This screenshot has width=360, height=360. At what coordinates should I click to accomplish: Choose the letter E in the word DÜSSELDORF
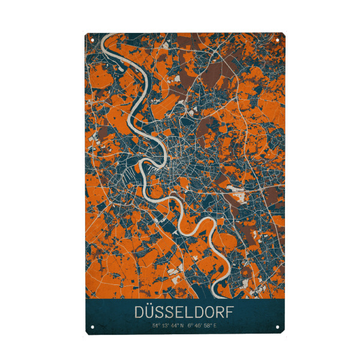coord(179,313)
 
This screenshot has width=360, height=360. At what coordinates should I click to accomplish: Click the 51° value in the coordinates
coord(155,326)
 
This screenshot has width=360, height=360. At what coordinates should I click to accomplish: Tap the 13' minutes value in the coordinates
coord(164,326)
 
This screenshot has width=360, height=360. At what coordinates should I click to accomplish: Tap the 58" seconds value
coord(208,326)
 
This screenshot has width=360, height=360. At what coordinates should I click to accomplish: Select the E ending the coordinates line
coord(215,326)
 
